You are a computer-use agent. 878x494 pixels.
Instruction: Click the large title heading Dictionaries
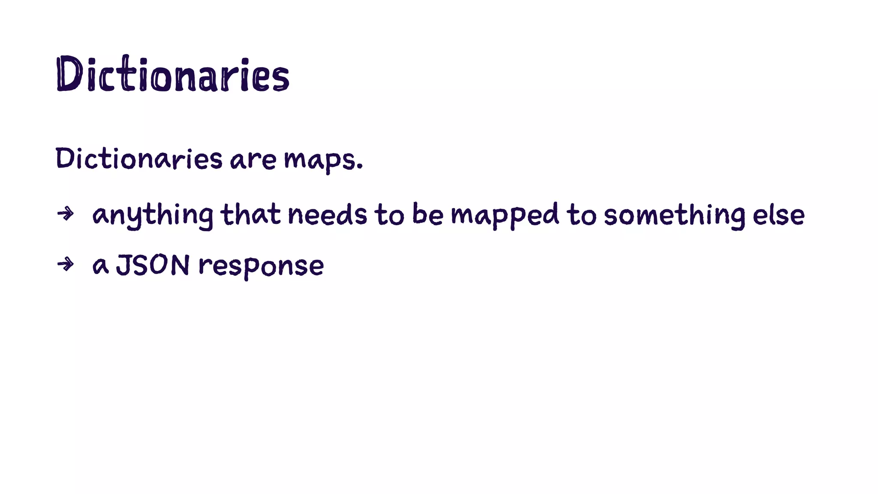point(173,75)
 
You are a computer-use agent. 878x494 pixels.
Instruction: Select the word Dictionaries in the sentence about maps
point(139,158)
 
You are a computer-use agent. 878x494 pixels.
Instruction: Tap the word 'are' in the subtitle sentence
point(253,160)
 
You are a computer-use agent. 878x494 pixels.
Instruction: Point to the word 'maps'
point(320,160)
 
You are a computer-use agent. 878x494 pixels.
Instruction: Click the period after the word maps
point(360,166)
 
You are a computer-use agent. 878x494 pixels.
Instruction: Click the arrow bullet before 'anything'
point(65,213)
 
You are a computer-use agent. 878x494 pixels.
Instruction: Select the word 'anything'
point(153,215)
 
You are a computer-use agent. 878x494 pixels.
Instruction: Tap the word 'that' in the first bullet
point(250,214)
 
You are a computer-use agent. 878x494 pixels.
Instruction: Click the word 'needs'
point(327,214)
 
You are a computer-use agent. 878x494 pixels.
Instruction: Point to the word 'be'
point(427,214)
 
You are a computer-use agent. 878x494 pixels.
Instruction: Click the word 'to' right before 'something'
point(581,215)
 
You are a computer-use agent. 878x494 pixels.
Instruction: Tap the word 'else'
point(779,215)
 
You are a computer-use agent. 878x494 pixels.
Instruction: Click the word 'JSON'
point(153,265)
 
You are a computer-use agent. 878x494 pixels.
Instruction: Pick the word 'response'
point(261,266)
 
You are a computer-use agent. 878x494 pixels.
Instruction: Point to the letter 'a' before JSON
point(100,266)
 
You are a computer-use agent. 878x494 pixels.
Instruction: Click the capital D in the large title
point(69,74)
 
